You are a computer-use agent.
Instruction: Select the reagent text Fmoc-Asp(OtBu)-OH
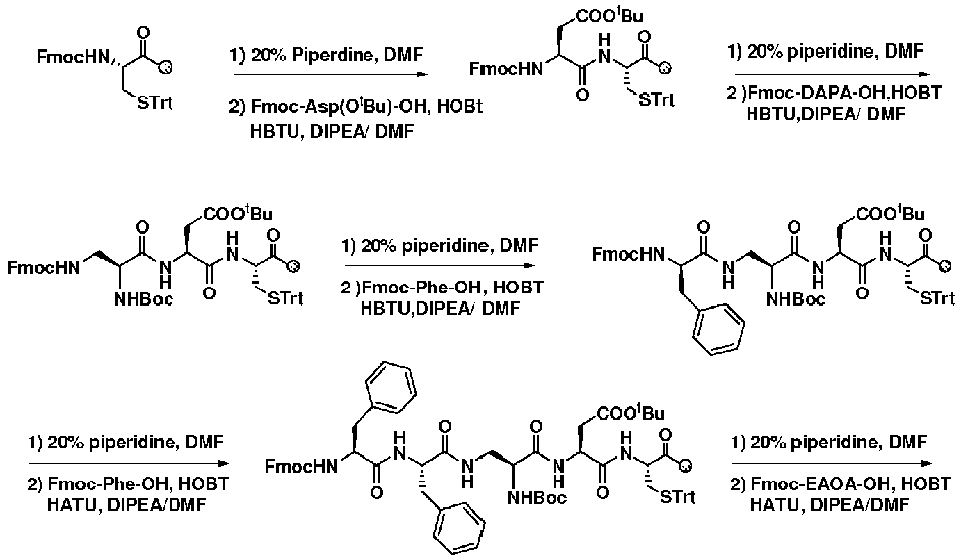341,106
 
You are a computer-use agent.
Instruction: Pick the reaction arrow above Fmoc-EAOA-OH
832,463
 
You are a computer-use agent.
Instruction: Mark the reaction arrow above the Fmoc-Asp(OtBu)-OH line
331,74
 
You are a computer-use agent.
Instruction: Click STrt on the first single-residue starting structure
155,103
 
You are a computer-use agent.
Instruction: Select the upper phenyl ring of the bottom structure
391,388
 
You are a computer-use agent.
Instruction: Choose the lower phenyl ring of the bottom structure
459,529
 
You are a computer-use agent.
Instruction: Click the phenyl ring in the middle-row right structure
718,329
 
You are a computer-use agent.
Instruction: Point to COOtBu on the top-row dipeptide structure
610,16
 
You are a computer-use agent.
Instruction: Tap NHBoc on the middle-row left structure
143,299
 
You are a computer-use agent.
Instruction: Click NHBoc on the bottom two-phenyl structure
537,498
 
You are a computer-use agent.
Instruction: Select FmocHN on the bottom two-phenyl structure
301,466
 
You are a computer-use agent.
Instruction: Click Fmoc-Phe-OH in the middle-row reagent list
421,287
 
